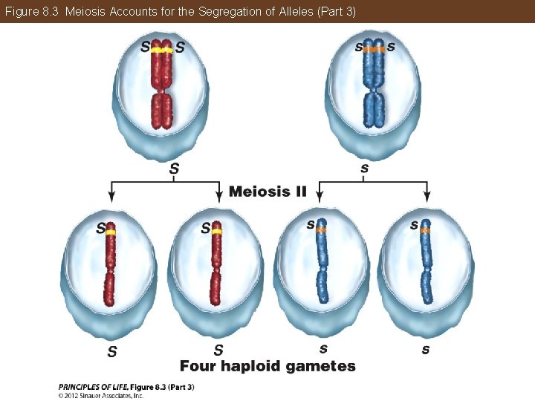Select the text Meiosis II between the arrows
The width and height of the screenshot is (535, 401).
click(267, 192)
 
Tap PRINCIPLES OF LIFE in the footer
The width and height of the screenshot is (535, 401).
click(93, 386)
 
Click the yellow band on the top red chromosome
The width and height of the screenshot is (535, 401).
click(161, 50)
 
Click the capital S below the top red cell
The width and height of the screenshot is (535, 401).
click(174, 169)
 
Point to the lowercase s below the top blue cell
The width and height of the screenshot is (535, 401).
click(364, 169)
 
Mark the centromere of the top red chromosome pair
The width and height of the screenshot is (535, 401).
click(161, 89)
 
